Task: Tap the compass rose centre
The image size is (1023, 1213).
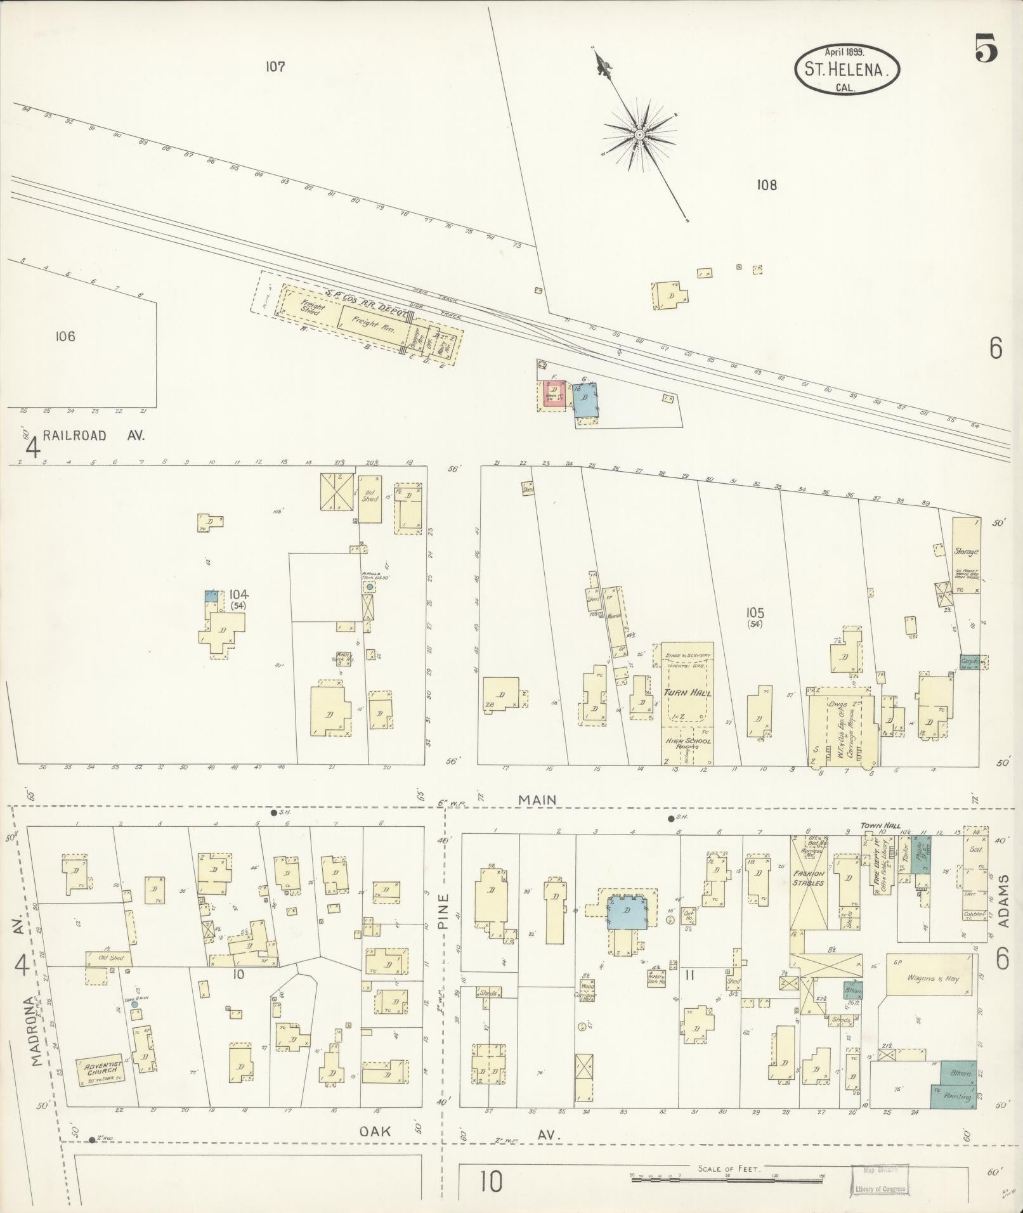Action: point(640,134)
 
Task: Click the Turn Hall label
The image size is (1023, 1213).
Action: point(687,692)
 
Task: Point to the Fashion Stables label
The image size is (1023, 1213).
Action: point(809,878)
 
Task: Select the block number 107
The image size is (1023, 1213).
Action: point(275,67)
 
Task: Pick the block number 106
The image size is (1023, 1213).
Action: point(65,336)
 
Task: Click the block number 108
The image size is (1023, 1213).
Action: point(766,185)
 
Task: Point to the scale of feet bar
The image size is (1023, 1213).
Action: point(728,1177)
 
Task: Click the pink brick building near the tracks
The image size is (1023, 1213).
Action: point(554,393)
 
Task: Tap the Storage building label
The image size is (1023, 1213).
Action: point(966,552)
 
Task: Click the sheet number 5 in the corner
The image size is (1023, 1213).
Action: point(986,50)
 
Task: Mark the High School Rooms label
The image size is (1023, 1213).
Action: point(687,743)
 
